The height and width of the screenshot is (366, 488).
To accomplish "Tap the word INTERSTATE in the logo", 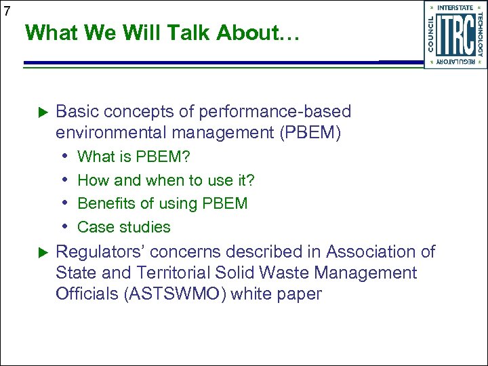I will coord(455,7).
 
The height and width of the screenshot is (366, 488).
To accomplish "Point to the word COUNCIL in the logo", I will coord(431,35).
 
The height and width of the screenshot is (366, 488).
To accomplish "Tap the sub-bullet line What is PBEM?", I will coord(134,157).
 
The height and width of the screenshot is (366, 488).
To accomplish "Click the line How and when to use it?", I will coord(166,180).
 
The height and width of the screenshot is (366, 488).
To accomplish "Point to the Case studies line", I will coord(124,227).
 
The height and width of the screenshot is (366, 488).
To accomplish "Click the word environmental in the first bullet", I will coord(110,132).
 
